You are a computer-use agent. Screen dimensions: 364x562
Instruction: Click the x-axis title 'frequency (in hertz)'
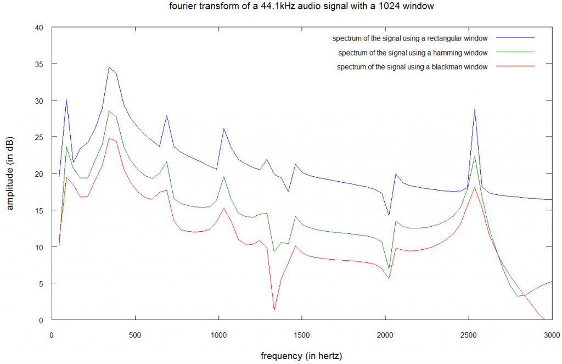[x=301, y=356]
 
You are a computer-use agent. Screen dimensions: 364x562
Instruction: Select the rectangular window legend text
[x=409, y=38]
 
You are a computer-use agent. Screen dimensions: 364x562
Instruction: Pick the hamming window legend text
[x=413, y=53]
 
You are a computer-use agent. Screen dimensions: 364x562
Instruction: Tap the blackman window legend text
[x=412, y=67]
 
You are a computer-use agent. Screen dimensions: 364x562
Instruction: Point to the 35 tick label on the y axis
[x=39, y=64]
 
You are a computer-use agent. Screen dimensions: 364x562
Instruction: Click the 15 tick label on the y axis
[x=39, y=210]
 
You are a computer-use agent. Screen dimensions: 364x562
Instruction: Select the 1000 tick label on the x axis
[x=218, y=334]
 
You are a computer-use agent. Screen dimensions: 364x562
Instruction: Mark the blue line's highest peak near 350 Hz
[x=109, y=67]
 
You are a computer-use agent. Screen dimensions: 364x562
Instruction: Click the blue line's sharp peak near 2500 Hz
[x=474, y=109]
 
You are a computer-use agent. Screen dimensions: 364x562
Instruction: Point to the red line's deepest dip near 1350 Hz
[x=274, y=310]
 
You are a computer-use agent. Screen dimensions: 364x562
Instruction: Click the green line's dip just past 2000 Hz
[x=389, y=269]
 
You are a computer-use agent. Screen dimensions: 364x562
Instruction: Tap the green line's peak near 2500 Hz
[x=474, y=156]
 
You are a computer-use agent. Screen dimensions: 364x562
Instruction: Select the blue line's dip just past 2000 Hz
[x=389, y=215]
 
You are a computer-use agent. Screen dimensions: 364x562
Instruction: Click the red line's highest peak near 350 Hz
[x=109, y=138]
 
